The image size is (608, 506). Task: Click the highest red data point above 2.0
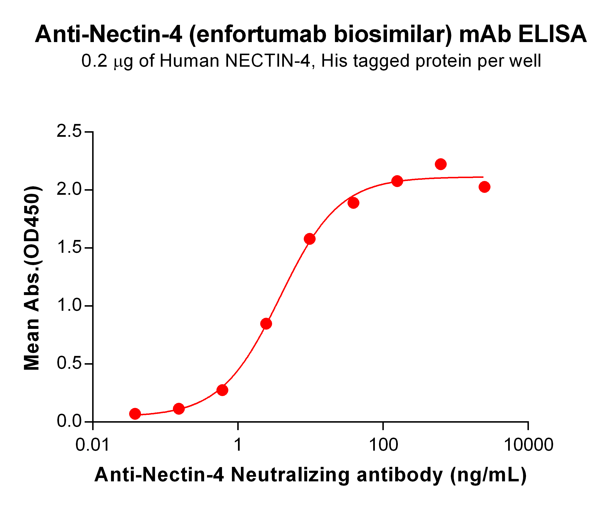coord(441,164)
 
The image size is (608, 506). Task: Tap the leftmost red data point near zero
coord(135,414)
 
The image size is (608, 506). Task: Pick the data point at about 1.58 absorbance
coord(310,239)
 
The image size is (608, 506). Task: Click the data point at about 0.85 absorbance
coord(266,324)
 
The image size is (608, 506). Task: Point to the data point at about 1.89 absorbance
coord(353,203)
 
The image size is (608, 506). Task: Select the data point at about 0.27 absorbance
coord(222,390)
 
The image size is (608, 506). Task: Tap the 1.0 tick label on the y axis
coord(69,305)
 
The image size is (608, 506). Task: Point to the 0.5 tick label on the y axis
coord(69,363)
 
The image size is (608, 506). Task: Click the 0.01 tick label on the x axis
coord(92,445)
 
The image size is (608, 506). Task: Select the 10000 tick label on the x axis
coord(528,445)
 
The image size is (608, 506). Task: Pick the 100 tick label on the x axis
coord(383,445)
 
